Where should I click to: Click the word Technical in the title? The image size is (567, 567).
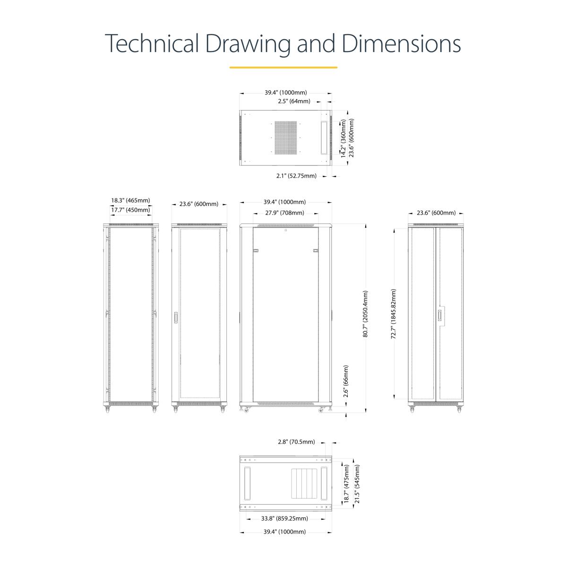pyautogui.click(x=152, y=43)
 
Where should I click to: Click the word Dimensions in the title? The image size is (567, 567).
pyautogui.click(x=401, y=43)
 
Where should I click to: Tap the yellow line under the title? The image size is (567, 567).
pyautogui.click(x=283, y=68)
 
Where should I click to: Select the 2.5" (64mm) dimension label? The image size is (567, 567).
pyautogui.click(x=294, y=101)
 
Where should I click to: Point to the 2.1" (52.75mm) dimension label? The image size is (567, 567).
pyautogui.click(x=296, y=176)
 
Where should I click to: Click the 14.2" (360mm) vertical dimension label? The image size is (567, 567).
pyautogui.click(x=343, y=138)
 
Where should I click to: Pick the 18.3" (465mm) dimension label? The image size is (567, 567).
pyautogui.click(x=130, y=200)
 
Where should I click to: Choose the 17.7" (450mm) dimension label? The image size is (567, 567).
pyautogui.click(x=130, y=210)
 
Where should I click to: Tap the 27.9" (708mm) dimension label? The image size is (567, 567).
pyautogui.click(x=284, y=213)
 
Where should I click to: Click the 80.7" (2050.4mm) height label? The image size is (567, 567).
pyautogui.click(x=365, y=314)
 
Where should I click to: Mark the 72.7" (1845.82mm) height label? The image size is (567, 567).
pyautogui.click(x=394, y=314)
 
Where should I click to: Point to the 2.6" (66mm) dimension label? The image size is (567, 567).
pyautogui.click(x=346, y=381)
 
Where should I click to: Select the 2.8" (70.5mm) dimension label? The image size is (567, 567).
pyautogui.click(x=296, y=442)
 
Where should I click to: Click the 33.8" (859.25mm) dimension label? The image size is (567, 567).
pyautogui.click(x=284, y=518)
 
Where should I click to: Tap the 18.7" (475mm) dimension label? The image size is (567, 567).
pyautogui.click(x=347, y=483)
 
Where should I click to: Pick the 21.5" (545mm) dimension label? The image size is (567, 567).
pyautogui.click(x=357, y=483)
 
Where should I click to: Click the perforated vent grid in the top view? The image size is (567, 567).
pyautogui.click(x=286, y=137)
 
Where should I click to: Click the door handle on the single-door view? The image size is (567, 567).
pyautogui.click(x=176, y=318)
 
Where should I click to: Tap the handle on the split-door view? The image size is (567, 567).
pyautogui.click(x=440, y=316)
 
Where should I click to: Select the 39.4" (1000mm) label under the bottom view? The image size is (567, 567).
pyautogui.click(x=284, y=532)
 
